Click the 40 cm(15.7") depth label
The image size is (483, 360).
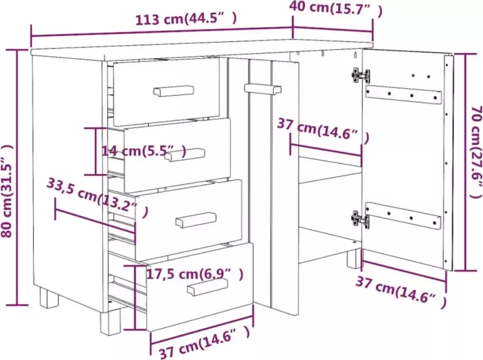coord(336,8)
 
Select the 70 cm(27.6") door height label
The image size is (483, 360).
coord(474,161)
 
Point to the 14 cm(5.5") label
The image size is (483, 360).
coord(144,151)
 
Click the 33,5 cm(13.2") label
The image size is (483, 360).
coord(97,196)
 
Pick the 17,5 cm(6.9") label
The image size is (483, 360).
coord(195,274)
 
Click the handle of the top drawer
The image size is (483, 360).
coord(174,91)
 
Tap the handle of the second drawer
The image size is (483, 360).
coord(185,155)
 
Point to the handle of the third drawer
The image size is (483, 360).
coord(196,219)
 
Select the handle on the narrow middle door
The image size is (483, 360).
coord(262,89)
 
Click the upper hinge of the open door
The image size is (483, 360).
coord(360,75)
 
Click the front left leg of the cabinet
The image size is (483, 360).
coord(47,298)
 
